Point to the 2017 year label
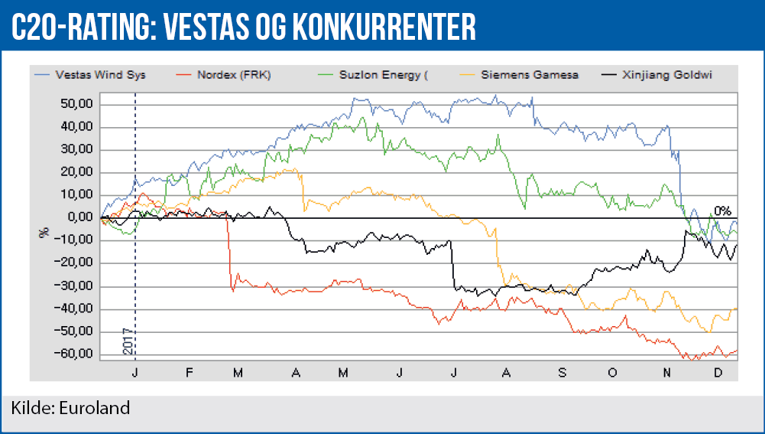(x=128, y=341)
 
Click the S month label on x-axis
(x=562, y=371)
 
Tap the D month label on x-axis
(x=718, y=371)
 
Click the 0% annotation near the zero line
(x=723, y=210)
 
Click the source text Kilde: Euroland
(x=70, y=407)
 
